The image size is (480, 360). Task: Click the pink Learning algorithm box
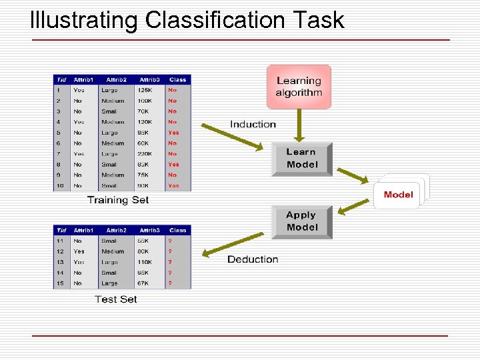click(299, 87)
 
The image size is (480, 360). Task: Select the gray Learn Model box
click(301, 158)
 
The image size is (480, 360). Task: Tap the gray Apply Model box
click(301, 221)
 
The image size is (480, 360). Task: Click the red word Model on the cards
click(398, 195)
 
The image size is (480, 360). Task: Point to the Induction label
click(253, 124)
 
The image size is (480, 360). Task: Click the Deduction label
click(253, 259)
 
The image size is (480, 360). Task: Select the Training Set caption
click(118, 200)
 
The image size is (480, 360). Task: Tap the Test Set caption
click(116, 299)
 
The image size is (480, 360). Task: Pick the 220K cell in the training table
click(145, 154)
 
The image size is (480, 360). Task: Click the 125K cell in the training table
click(145, 90)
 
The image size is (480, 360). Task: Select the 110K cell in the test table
click(145, 262)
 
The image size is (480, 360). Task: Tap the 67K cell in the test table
click(145, 283)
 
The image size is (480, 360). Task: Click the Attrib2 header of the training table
click(116, 79)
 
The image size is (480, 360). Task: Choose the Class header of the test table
click(177, 230)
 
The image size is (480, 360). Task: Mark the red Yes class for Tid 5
click(173, 133)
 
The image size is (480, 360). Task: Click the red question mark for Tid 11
click(170, 241)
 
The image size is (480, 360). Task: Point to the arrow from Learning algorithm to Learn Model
click(299, 125)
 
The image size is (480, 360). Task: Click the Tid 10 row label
click(60, 186)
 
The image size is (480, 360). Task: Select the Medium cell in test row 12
click(113, 251)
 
